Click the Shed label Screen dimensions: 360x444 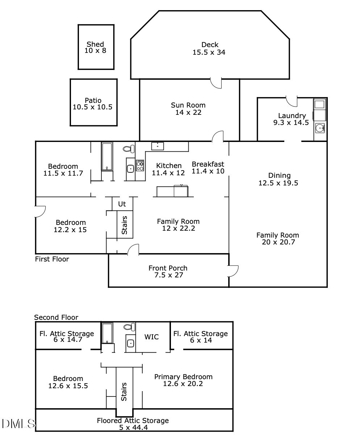pos(95,44)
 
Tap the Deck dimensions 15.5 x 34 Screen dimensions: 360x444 pos(209,52)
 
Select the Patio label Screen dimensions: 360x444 pos(93,100)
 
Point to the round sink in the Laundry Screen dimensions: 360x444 pos(319,128)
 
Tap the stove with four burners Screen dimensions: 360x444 pos(140,165)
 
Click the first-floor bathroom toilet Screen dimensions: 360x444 pos(129,149)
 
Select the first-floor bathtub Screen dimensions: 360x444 pos(107,156)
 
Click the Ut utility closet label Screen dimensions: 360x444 pos(122,204)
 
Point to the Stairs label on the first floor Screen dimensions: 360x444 pos(124,225)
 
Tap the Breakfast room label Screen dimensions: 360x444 pos(208,164)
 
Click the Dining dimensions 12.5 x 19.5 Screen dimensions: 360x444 pos(278,183)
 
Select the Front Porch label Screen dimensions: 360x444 pos(168,268)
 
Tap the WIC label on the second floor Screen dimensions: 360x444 pos(151,337)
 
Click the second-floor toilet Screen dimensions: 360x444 pos(129,327)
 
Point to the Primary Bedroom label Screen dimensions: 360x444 pos(183,377)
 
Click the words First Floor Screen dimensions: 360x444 pos(52,259)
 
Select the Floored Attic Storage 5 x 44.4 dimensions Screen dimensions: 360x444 pos(133,428)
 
